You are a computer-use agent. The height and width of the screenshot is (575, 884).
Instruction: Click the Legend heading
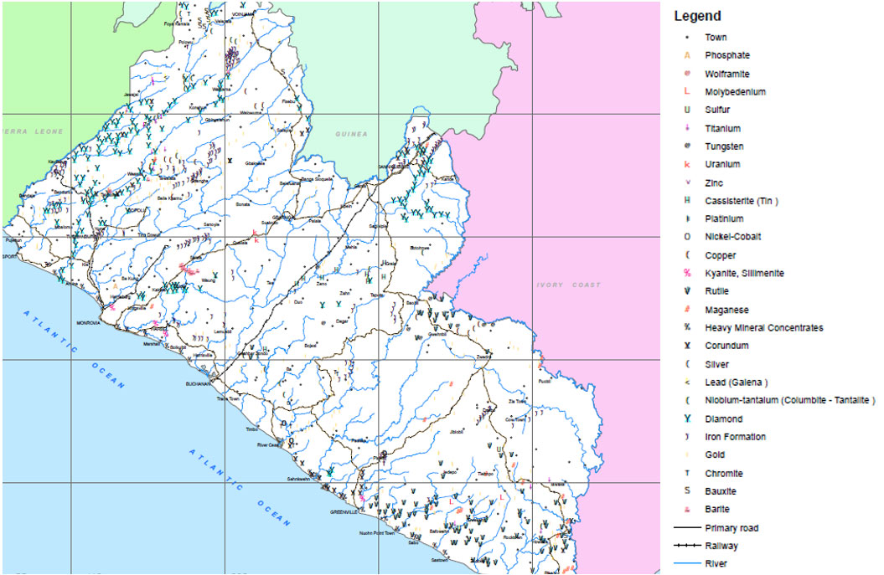[x=697, y=16]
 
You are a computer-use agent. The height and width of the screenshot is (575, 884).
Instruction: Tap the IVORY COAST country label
[x=569, y=285]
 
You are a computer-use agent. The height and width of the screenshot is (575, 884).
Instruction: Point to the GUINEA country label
[x=351, y=134]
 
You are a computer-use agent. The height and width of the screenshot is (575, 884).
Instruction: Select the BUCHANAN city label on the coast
[x=201, y=384]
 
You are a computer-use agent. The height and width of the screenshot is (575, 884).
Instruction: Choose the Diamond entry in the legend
[x=723, y=418]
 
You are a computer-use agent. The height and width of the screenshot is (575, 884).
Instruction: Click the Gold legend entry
[x=715, y=455]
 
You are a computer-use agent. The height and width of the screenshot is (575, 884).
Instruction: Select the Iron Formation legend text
[x=735, y=437]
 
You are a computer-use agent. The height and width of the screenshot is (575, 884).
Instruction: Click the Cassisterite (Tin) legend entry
[x=742, y=201]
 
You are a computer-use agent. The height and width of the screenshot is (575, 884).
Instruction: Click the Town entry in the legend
[x=716, y=38]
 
